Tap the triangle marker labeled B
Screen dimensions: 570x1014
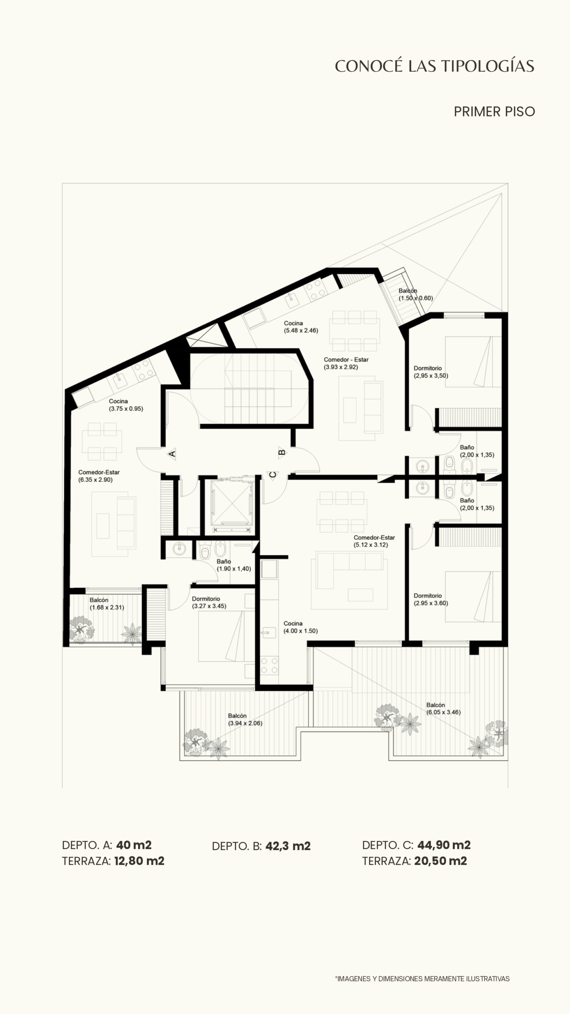282,452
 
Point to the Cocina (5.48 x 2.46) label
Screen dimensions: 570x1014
301,327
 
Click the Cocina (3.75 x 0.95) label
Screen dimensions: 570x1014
126,405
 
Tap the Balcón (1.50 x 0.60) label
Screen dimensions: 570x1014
416,294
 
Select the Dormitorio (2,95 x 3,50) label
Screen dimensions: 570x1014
431,372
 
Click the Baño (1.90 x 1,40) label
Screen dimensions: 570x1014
234,565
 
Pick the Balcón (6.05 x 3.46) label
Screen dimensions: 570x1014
443,709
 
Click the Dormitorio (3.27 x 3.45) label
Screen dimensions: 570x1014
209,602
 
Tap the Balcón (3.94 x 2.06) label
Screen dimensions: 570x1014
245,719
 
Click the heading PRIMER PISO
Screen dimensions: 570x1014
494,112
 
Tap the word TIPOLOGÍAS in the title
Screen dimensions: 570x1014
487,66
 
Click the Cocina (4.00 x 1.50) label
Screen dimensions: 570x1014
300,627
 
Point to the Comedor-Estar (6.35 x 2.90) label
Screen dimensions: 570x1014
99,476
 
